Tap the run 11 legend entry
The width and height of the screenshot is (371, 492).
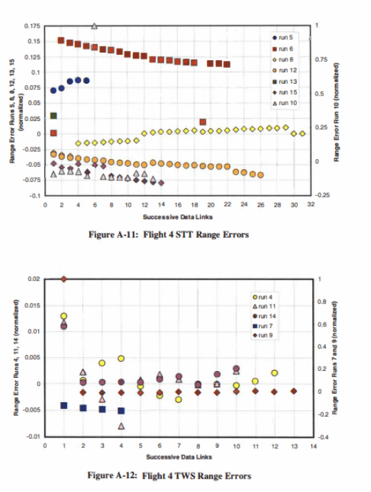pos(269,305)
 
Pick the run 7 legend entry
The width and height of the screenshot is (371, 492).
pos(269,325)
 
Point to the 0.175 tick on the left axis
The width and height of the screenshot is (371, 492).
pos(31,26)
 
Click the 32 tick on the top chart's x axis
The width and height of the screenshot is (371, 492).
pos(311,205)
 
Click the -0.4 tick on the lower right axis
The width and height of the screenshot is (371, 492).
pos(320,437)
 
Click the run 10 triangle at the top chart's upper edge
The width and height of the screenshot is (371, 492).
pos(94,26)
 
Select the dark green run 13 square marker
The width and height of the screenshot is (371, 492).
pos(54,116)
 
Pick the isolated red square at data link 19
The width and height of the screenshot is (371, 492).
pos(203,122)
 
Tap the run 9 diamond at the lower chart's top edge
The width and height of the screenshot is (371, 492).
pos(64,279)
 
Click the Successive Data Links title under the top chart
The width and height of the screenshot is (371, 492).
pos(178,215)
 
